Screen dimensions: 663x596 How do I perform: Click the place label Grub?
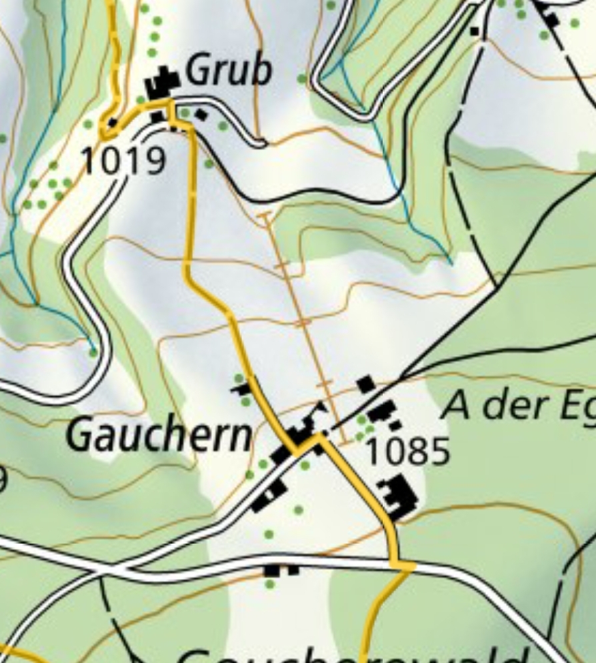pyautogui.click(x=229, y=71)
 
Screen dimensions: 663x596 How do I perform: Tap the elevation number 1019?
pyautogui.click(x=123, y=161)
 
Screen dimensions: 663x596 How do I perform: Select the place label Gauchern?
pyautogui.click(x=159, y=436)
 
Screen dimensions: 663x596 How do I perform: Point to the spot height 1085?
pyautogui.click(x=408, y=452)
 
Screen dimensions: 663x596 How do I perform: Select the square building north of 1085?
pyautogui.click(x=365, y=384)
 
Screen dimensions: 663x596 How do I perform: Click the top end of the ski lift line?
pyautogui.click(x=265, y=215)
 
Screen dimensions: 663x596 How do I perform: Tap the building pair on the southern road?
pyautogui.click(x=280, y=570)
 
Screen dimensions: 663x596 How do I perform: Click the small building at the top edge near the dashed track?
pyautogui.click(x=475, y=31)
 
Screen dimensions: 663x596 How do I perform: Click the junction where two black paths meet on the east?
pyautogui.click(x=496, y=287)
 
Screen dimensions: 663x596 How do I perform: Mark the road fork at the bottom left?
pyautogui.click(x=100, y=572)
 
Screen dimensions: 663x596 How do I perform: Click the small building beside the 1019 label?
pyautogui.click(x=112, y=123)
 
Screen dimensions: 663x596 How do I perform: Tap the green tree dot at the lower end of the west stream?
pyautogui.click(x=93, y=352)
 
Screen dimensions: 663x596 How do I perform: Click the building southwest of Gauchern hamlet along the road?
pyautogui.click(x=269, y=496)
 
